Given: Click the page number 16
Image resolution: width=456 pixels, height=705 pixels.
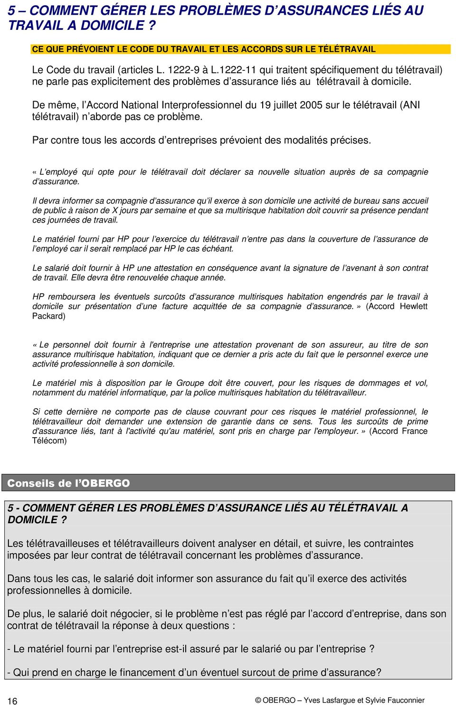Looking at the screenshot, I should (x=12, y=701).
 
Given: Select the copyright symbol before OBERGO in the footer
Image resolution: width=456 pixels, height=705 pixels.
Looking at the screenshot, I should (x=258, y=700).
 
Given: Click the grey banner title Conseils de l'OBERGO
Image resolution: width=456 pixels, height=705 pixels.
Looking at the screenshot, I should (x=68, y=483).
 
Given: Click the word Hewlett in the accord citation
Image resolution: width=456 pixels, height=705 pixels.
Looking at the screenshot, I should (x=413, y=306).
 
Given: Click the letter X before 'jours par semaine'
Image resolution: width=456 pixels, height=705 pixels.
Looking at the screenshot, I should (x=114, y=210).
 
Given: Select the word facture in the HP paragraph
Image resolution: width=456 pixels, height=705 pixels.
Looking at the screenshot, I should (x=174, y=306).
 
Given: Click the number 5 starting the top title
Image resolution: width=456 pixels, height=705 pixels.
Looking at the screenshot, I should (x=11, y=10).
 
